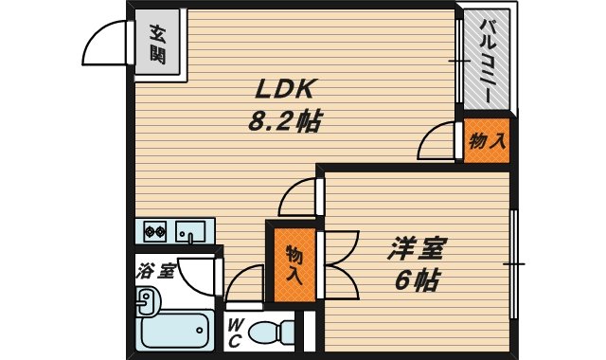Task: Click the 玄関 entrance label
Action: pos(156,44)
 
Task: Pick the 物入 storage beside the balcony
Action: pos(487,142)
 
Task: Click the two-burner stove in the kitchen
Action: pos(154,230)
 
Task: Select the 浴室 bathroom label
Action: pos(154,270)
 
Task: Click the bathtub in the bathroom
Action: pos(174,332)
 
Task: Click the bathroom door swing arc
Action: pos(199,276)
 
